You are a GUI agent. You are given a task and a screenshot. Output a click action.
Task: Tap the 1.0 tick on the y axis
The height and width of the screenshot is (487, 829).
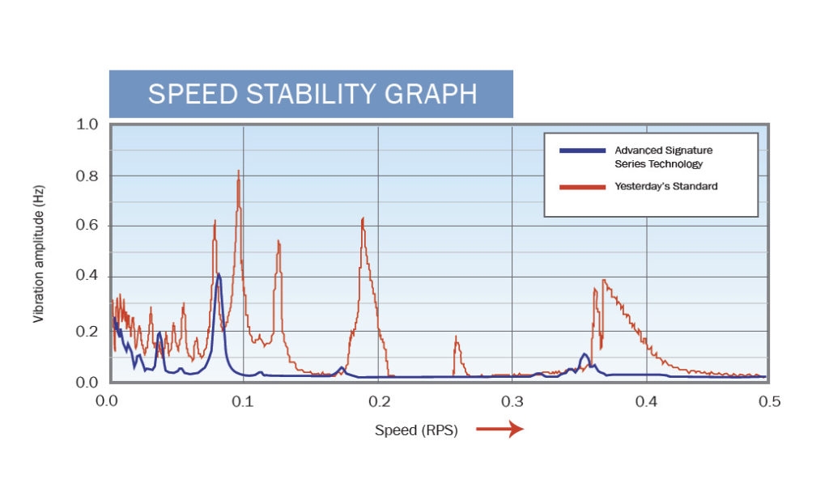pos(87,125)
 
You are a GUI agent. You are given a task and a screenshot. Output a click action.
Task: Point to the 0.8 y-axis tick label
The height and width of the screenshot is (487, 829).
pos(87,176)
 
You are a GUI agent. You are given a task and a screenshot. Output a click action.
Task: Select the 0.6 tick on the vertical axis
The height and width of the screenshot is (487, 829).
pos(87,227)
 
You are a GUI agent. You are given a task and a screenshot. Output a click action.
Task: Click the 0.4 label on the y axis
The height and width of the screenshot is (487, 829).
pos(87,277)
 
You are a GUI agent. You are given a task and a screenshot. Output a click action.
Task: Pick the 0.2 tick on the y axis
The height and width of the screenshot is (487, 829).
pos(87,332)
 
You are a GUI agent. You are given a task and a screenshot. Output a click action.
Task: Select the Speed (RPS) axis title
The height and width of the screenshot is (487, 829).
pos(416,430)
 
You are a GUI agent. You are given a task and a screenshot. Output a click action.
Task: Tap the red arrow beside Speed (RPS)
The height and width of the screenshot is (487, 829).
pos(500,430)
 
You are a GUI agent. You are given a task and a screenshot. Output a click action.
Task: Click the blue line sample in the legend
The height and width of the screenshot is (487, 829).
pos(582,151)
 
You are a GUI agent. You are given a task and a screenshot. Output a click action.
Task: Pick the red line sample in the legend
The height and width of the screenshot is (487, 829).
pos(582,187)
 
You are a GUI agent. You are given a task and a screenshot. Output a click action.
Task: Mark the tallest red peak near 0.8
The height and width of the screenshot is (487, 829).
pos(238,172)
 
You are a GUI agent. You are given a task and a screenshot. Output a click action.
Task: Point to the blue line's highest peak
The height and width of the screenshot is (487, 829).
pos(219,274)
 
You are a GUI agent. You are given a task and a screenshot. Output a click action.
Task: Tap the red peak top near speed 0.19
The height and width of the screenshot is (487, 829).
pos(363,218)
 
